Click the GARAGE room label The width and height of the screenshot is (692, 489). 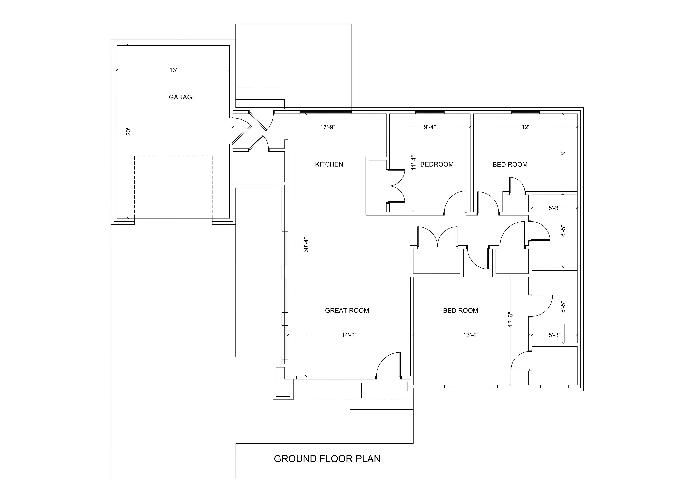(x=182, y=97)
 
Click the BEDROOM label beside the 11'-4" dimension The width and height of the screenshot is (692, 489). (x=437, y=164)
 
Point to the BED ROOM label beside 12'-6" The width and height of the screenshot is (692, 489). (x=460, y=310)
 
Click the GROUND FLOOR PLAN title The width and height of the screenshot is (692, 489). (x=327, y=459)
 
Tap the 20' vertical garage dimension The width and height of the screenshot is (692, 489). (x=129, y=132)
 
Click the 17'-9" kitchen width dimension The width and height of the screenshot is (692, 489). (x=328, y=127)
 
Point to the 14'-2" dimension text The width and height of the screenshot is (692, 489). (x=349, y=335)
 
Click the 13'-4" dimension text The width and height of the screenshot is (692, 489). (x=471, y=335)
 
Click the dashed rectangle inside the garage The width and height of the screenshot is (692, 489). (x=173, y=187)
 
